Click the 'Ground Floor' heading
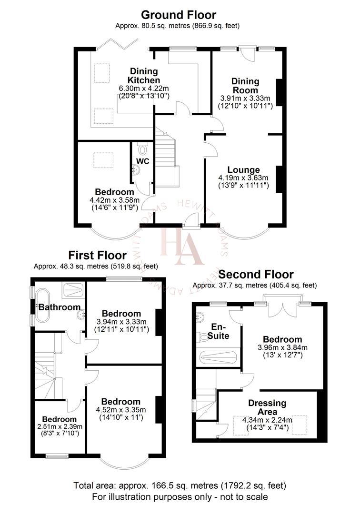pos(179,15)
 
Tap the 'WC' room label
pos(143,161)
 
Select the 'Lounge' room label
pos(243,170)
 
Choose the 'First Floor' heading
pos(97,256)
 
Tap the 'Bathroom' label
pos(60,307)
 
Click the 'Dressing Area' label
pos(267,407)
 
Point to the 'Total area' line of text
pos(180,486)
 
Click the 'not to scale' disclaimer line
pos(180,497)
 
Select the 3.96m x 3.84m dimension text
pos(283,348)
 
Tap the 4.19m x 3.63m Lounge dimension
pos(243,178)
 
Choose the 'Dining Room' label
pos(245,86)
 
